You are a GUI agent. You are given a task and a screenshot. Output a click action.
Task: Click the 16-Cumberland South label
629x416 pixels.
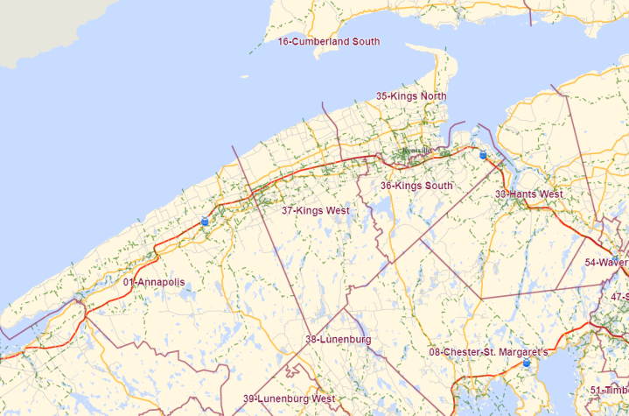tap(328, 41)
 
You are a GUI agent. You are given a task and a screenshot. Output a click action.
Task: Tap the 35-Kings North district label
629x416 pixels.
tap(411, 95)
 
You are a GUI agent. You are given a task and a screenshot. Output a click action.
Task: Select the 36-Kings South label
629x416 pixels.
tap(416, 186)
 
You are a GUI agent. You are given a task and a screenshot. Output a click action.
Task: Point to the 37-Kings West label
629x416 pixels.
tap(315, 210)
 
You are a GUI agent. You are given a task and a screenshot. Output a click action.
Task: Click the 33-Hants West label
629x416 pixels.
tap(528, 194)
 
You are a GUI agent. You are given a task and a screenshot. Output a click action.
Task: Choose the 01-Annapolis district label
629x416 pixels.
tap(154, 282)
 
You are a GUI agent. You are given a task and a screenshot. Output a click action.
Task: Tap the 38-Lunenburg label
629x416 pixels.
tap(338, 339)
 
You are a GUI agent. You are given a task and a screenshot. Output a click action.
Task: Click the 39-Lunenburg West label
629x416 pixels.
tap(289, 398)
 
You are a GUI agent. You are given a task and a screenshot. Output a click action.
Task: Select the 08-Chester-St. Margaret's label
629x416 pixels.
tap(488, 352)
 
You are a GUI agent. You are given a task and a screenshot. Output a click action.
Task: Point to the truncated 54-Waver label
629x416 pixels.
tap(606, 262)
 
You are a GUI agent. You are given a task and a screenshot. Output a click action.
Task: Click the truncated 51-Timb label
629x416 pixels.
tap(609, 390)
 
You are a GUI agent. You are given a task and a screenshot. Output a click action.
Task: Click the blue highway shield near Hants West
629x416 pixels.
tap(483, 155)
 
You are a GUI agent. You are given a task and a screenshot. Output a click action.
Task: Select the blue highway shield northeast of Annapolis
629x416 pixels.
tap(204, 222)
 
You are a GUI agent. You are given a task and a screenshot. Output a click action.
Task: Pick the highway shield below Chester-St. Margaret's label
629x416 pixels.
tap(526, 363)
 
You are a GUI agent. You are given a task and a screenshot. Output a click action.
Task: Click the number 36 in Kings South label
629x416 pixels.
tap(386, 186)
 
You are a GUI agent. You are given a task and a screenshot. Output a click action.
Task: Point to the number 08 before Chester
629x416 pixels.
tap(434, 352)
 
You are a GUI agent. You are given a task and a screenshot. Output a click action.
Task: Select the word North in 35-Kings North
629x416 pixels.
tap(432, 95)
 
